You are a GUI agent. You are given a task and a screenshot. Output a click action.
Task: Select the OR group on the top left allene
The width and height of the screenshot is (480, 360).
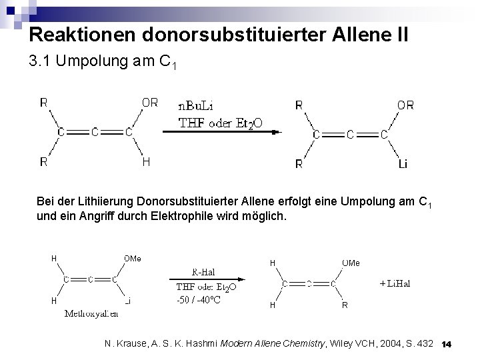click(x=149, y=103)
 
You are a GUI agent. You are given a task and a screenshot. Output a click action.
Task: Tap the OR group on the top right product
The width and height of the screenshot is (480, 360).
click(x=405, y=105)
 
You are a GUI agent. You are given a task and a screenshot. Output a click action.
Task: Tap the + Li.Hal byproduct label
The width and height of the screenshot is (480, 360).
click(x=395, y=283)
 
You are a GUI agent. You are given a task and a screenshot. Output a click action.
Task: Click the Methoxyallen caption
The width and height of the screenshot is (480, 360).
click(x=91, y=313)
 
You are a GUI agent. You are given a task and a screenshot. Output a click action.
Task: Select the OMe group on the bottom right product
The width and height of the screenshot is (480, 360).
click(x=351, y=263)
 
